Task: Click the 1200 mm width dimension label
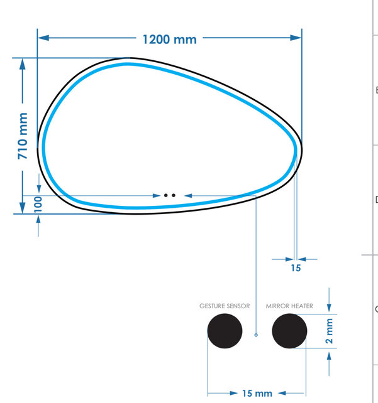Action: [169, 39]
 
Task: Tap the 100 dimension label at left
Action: [38, 203]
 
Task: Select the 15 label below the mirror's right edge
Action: [296, 268]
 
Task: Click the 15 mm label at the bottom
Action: [257, 393]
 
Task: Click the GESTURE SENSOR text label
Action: [225, 306]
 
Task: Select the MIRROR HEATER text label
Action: [289, 306]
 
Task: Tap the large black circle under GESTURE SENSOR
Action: [225, 331]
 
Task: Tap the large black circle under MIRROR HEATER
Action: [289, 331]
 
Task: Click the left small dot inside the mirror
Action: [166, 195]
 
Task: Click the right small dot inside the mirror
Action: [173, 195]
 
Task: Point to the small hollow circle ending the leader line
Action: [256, 335]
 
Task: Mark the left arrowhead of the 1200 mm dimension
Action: [43, 39]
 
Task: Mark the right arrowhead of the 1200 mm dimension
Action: [297, 39]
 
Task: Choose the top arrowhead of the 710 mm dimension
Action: [23, 63]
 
